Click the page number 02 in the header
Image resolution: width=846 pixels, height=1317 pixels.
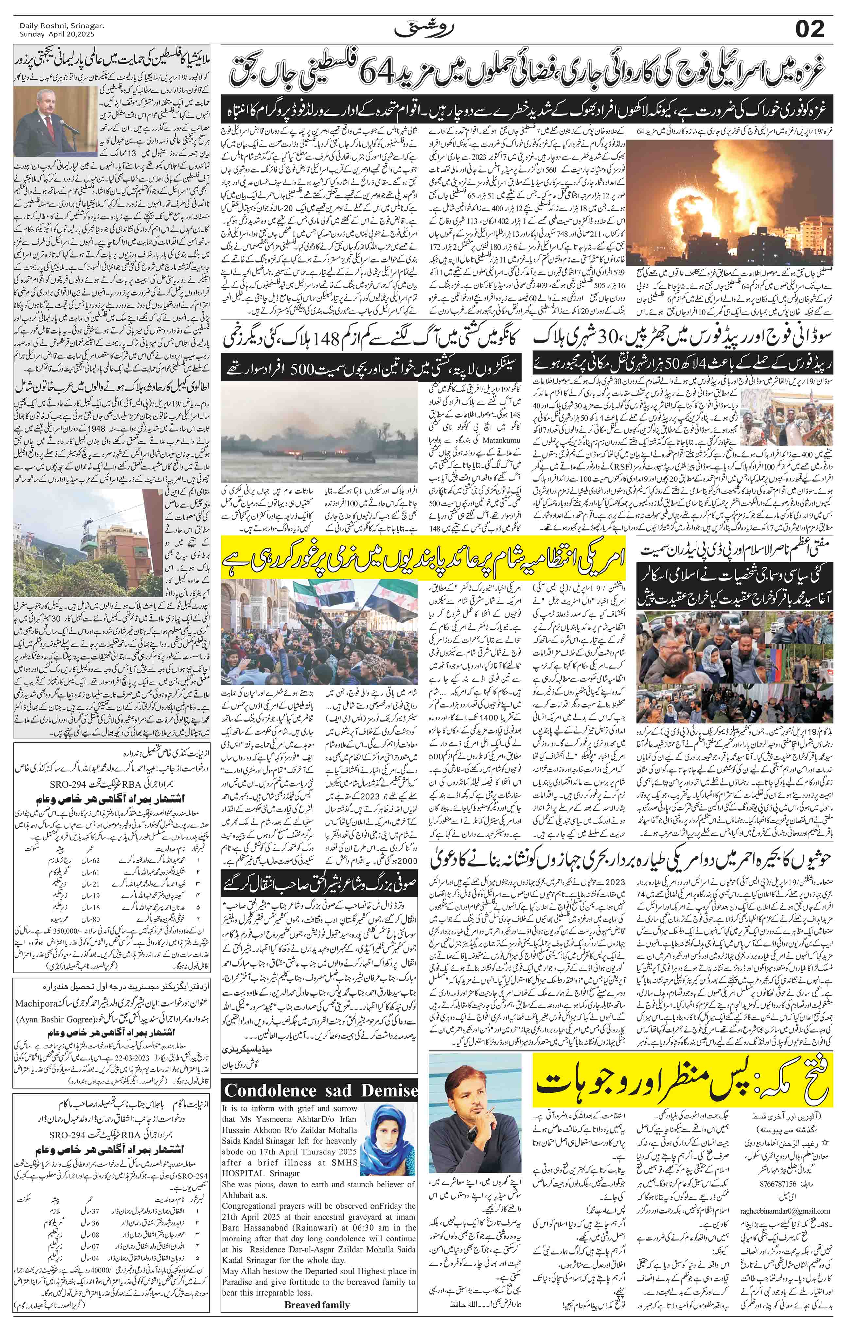[x=809, y=28]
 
